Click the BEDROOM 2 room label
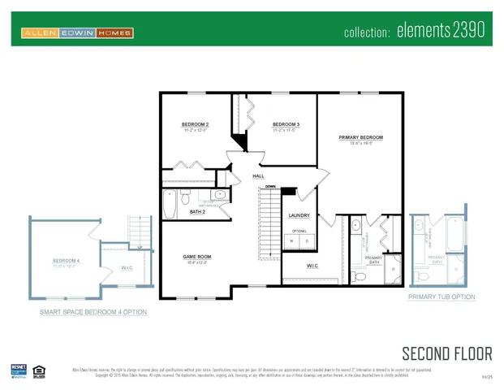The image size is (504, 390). (195, 124)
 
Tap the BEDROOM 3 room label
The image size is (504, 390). (286, 124)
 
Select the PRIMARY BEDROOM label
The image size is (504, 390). (360, 137)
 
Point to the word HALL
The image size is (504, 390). (258, 175)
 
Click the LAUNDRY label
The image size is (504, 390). (299, 214)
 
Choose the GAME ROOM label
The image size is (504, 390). (196, 257)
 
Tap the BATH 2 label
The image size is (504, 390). (197, 211)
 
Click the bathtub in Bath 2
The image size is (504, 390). (170, 205)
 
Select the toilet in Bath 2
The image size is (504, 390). (185, 197)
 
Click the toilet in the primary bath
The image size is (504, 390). (361, 276)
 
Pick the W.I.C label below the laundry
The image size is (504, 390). (312, 266)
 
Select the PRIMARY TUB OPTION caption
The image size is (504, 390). (441, 297)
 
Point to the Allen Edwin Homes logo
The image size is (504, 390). (77, 33)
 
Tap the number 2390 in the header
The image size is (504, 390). (467, 32)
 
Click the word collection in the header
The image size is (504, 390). (368, 33)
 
